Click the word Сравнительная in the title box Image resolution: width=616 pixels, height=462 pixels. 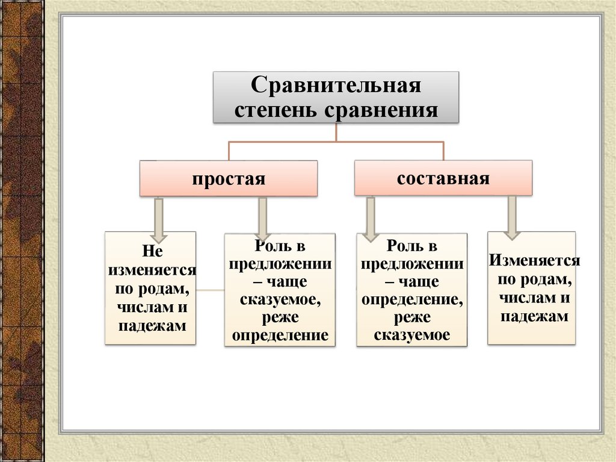click(x=336, y=85)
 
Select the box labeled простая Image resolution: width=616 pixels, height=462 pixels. click(x=229, y=179)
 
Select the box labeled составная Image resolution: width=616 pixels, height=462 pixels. click(x=443, y=178)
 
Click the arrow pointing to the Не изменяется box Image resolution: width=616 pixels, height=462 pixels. click(x=159, y=217)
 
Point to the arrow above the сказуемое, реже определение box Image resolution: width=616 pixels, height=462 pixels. click(x=262, y=218)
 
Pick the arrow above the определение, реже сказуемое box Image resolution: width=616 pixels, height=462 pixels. click(x=370, y=218)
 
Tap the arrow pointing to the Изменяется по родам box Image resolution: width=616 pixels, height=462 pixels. click(x=512, y=216)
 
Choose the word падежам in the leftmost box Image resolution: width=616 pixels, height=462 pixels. click(x=150, y=325)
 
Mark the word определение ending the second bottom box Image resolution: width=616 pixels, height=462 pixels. click(x=280, y=334)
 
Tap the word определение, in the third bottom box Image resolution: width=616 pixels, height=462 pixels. click(x=412, y=299)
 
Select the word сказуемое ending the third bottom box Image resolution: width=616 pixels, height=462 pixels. click(x=412, y=334)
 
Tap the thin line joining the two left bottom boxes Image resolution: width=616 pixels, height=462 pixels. click(x=210, y=290)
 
